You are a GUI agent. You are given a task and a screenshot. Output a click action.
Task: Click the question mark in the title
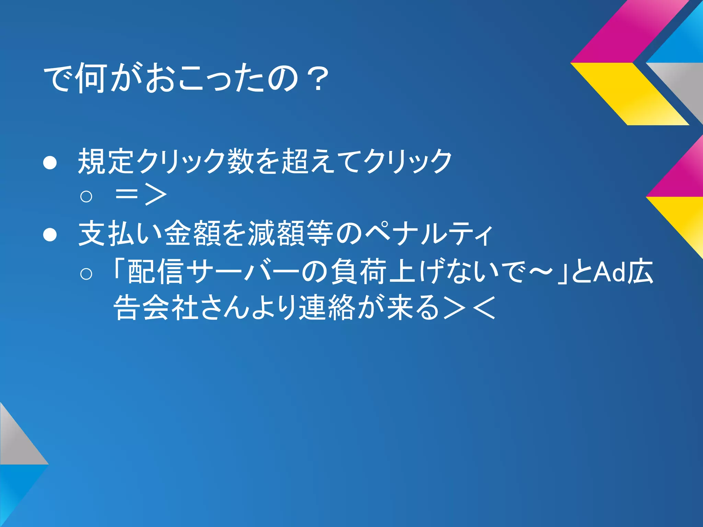318,80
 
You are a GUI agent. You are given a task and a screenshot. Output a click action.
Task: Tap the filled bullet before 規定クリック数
50,163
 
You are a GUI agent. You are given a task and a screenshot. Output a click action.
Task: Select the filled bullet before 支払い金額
50,235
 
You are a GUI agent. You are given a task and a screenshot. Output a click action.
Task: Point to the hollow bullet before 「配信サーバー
86,273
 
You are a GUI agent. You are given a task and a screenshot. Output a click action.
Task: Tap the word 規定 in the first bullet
106,161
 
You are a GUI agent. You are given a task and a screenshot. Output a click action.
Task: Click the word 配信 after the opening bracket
155,272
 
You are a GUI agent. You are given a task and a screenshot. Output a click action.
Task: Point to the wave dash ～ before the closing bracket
540,272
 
